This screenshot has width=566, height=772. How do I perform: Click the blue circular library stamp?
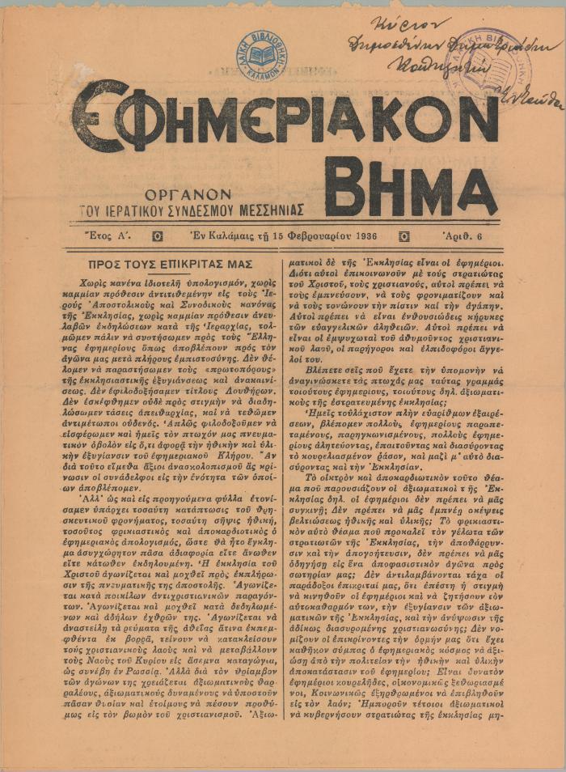click(260, 55)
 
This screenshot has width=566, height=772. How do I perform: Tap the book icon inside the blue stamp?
click(260, 56)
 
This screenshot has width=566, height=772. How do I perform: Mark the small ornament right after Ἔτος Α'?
click(158, 236)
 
